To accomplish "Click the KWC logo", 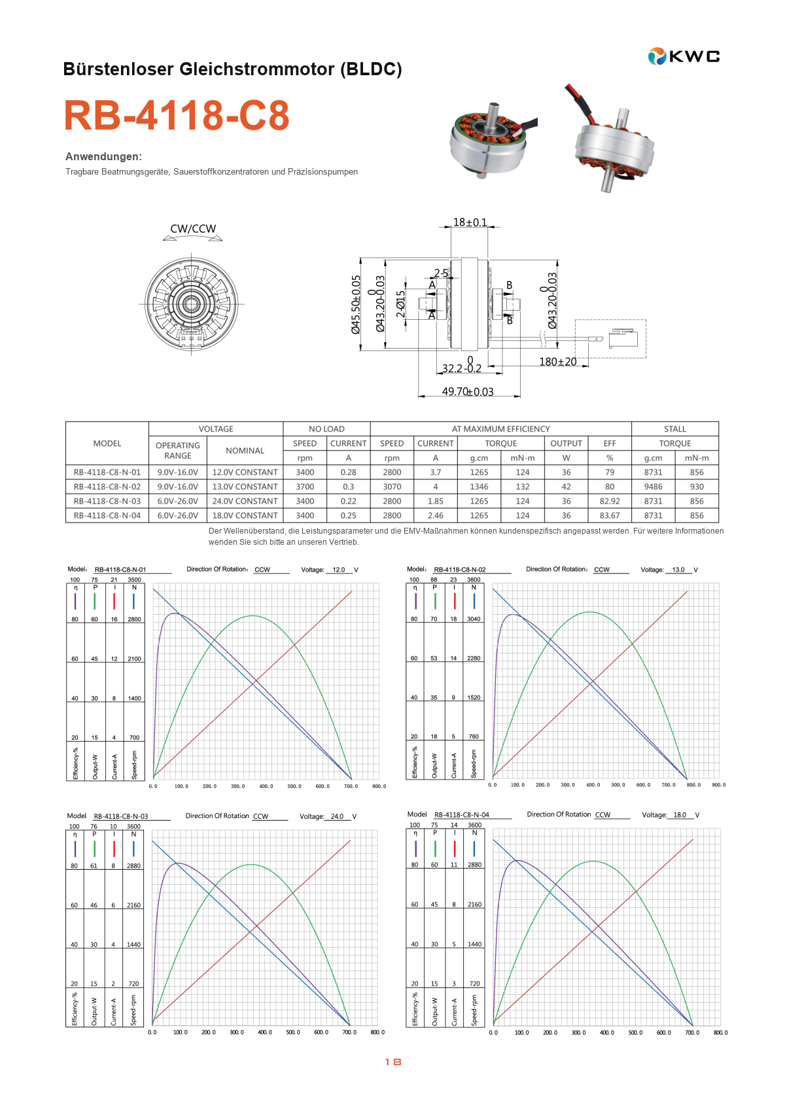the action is point(684,56).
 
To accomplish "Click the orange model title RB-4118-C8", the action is point(177,115).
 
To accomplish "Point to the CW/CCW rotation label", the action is point(192,228).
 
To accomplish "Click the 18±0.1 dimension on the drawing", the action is point(470,222).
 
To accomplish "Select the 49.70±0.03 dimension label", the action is point(468,391).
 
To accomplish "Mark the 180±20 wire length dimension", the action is point(557,362).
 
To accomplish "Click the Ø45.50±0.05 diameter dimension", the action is point(356,305).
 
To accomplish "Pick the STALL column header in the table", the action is point(674,429).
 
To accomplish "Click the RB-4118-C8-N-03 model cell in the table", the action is point(107,501).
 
